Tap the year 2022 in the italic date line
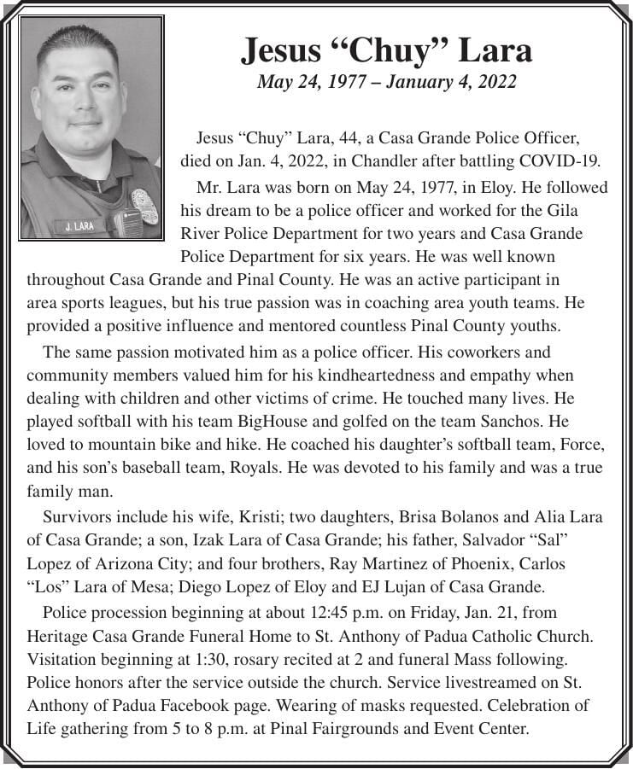[499, 82]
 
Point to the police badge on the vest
[144, 206]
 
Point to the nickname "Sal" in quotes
[557, 540]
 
